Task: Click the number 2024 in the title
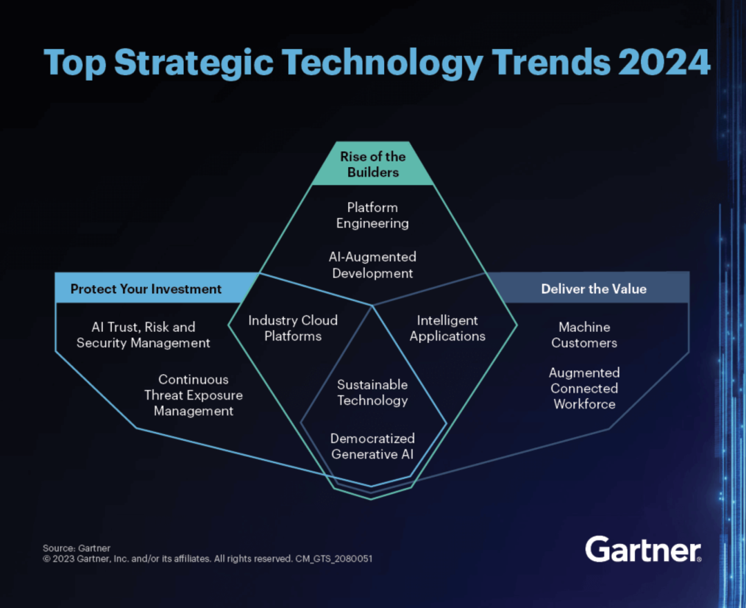coord(664,62)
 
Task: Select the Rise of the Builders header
coord(372,164)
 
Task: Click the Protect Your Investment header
coord(146,289)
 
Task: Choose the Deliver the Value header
coord(594,289)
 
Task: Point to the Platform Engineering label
coord(372,215)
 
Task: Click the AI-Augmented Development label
coord(372,265)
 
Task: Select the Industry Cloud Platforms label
coord(293,328)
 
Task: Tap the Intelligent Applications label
coord(447,328)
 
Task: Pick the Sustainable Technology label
coord(372,392)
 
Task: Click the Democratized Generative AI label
coord(372,446)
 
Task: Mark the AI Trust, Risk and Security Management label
coord(143,335)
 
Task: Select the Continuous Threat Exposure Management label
coord(193,395)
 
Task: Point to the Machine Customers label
coord(584,335)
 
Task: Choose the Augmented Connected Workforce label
coord(584,388)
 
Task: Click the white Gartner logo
coord(643,549)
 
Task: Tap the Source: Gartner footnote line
coord(77,548)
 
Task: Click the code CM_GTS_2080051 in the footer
coord(334,558)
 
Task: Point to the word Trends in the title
coord(551,62)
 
